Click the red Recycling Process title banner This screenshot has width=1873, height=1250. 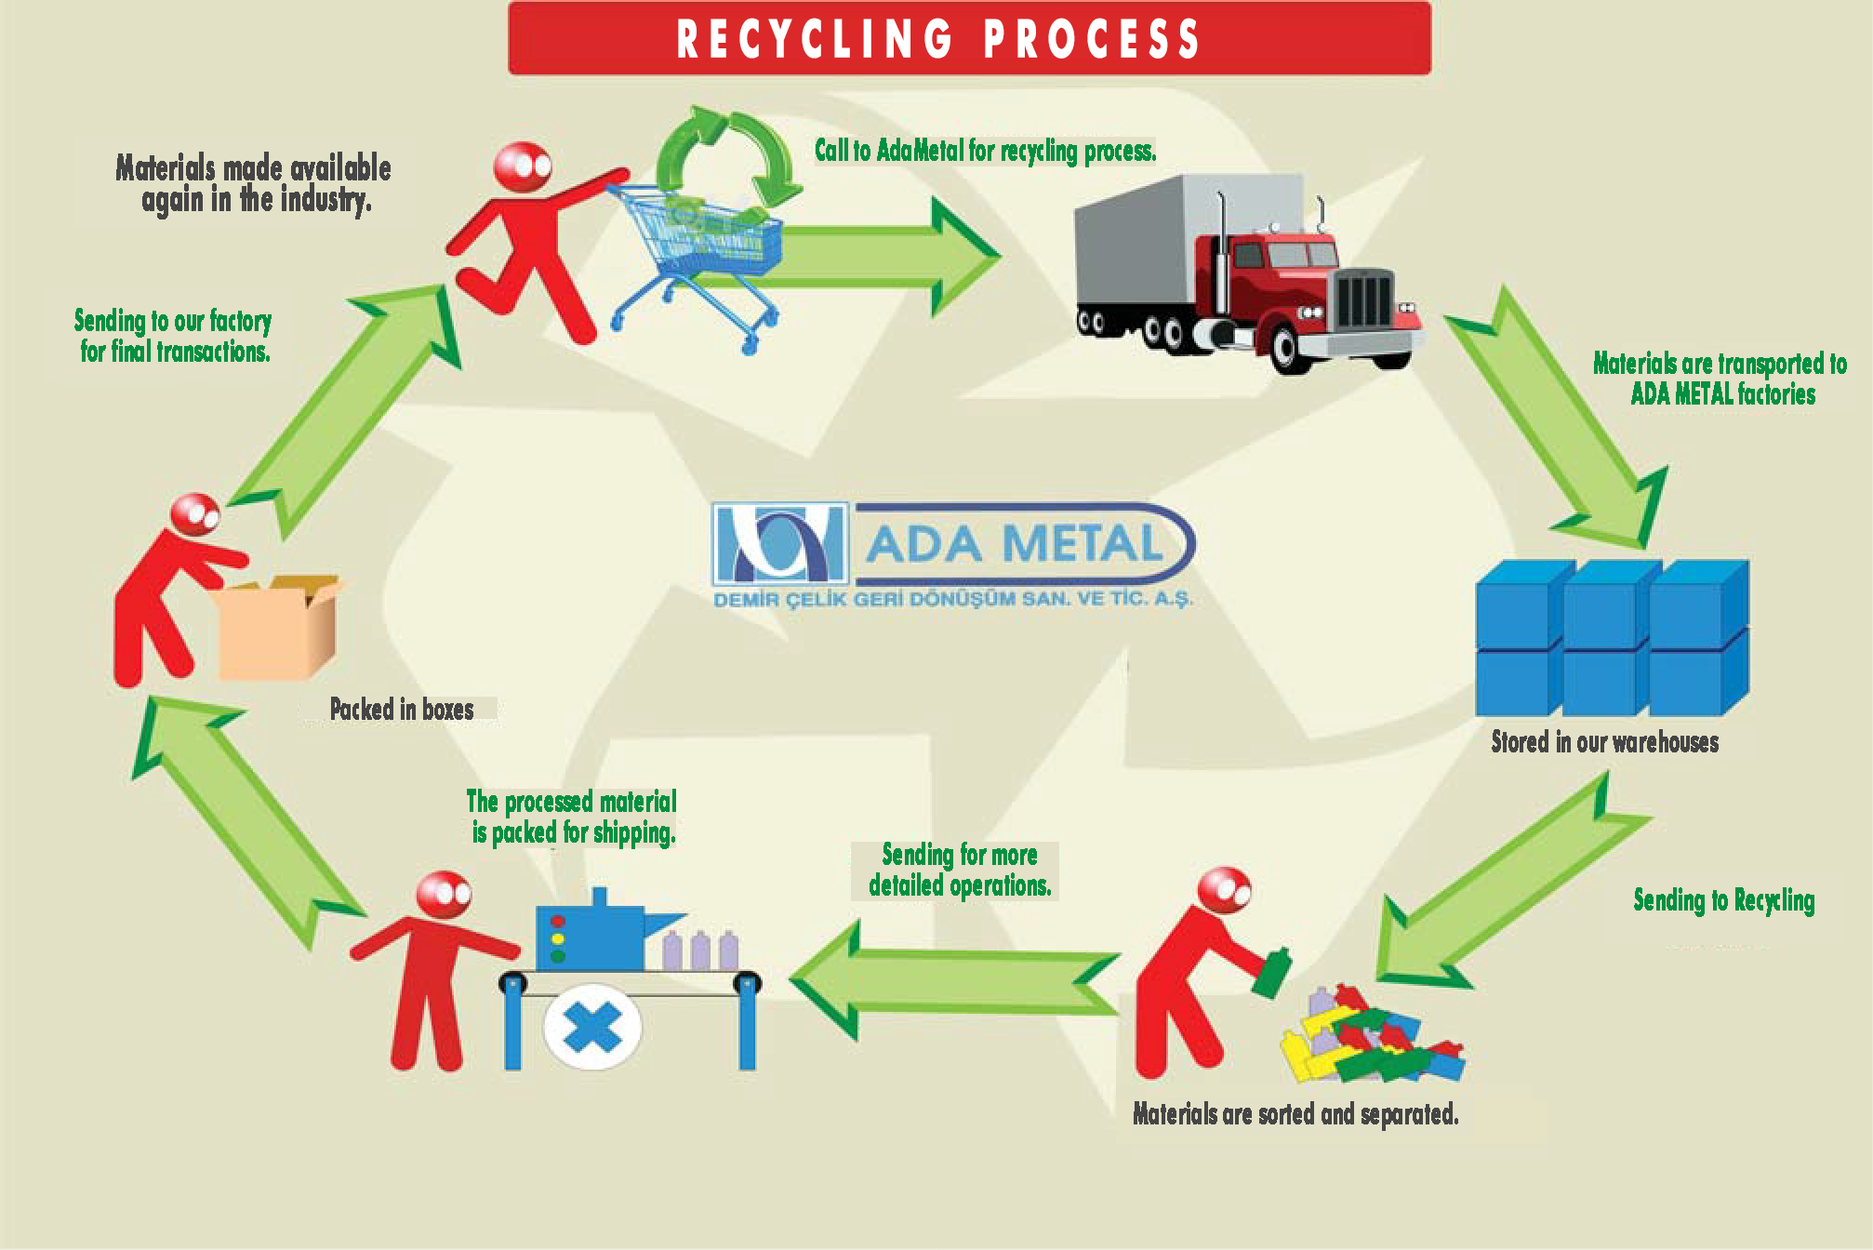click(969, 39)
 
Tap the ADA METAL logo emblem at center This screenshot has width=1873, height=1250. click(780, 543)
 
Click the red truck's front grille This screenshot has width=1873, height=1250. click(1364, 299)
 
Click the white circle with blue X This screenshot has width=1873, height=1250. click(592, 1028)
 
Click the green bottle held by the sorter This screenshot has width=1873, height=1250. click(1271, 974)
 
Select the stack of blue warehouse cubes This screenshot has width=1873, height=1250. click(1612, 638)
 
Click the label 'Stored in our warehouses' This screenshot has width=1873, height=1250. click(1604, 742)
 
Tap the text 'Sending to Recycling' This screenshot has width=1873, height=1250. click(1723, 900)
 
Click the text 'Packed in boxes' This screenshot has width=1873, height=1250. click(402, 710)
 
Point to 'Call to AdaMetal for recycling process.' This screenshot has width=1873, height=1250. click(985, 151)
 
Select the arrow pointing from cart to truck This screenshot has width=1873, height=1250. click(883, 256)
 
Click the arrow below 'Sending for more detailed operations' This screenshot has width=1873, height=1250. click(958, 981)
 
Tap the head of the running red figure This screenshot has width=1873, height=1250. click(522, 167)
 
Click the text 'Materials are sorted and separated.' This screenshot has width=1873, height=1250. click(1295, 1113)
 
